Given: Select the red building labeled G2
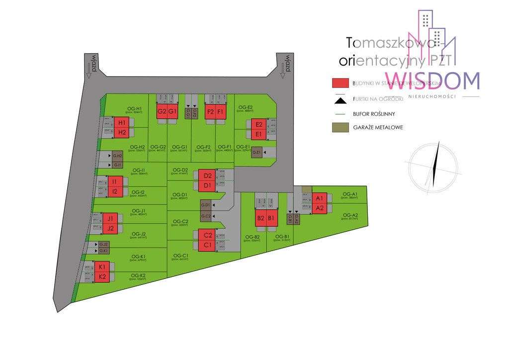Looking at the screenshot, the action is click(x=162, y=111).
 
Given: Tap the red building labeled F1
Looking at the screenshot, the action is click(x=221, y=111).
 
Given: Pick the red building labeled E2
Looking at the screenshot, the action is click(x=257, y=125).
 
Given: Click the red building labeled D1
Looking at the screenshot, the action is click(x=208, y=186).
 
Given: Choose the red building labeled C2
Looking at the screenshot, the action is click(x=208, y=236).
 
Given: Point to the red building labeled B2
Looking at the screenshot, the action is click(x=260, y=218).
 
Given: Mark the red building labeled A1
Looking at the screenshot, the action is click(x=320, y=198).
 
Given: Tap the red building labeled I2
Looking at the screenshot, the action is click(x=115, y=191).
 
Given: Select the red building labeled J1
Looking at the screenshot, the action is click(x=110, y=218).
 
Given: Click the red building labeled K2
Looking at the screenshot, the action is click(x=102, y=276).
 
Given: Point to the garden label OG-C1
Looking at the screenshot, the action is click(x=180, y=257).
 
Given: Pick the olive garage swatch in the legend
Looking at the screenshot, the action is click(x=339, y=127).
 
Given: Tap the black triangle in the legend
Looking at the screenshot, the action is click(x=339, y=101).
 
